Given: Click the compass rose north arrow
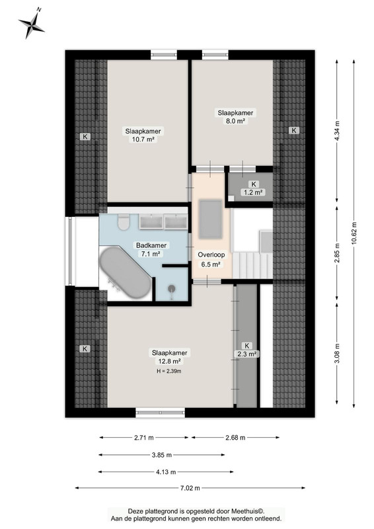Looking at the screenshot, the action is [x=32, y=24].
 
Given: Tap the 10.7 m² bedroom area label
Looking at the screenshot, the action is [x=143, y=136].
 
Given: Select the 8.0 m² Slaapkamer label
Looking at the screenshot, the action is [x=235, y=117].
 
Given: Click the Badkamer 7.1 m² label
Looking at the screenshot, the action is [x=151, y=250].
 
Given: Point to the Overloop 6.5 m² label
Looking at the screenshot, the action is [x=211, y=260].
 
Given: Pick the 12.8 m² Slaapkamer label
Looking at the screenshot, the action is [x=169, y=357].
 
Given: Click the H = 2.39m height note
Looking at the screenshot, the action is [x=169, y=372].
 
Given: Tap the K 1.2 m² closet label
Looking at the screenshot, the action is [x=253, y=188].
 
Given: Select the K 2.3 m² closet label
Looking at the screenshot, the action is [x=247, y=350].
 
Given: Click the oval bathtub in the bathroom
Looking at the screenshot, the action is [x=125, y=272].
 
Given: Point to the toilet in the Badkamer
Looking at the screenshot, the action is [x=124, y=222].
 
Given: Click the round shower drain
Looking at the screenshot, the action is [x=172, y=288].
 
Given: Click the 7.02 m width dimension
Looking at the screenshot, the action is [x=190, y=488].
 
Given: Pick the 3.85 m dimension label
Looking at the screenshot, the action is [x=162, y=455].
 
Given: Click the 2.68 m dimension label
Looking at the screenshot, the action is [x=235, y=438].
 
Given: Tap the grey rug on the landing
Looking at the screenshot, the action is [x=210, y=219].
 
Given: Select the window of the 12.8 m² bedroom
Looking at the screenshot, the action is [x=160, y=412].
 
